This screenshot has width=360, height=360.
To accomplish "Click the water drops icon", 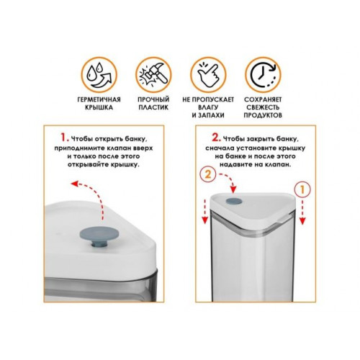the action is click(x=99, y=75).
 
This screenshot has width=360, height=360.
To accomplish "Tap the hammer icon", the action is click(x=153, y=75).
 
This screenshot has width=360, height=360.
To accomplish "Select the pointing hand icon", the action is click(x=208, y=75).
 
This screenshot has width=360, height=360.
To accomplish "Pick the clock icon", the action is click(x=263, y=75).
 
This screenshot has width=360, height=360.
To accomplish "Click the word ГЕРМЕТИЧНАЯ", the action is click(x=99, y=99).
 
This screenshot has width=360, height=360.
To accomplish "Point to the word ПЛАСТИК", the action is click(x=153, y=107).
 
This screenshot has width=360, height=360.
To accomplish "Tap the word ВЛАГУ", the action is click(x=208, y=107).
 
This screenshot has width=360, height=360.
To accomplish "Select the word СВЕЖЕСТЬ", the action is click(x=263, y=107).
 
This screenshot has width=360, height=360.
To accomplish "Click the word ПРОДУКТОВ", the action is click(x=263, y=115).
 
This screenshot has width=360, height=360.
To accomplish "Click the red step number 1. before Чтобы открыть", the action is click(x=64, y=138).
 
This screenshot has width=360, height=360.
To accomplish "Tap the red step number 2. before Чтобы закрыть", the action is click(x=216, y=138).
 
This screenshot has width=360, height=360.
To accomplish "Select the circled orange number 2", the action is click(x=208, y=174).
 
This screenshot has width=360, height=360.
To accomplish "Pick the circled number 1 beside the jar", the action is click(x=302, y=190).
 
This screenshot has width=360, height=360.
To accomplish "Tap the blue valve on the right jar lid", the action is click(x=234, y=201).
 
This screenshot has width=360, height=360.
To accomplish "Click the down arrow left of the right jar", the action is click(x=204, y=212).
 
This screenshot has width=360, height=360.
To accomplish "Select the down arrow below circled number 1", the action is click(x=302, y=212).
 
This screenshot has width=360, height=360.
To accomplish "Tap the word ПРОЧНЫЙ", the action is click(x=153, y=99).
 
